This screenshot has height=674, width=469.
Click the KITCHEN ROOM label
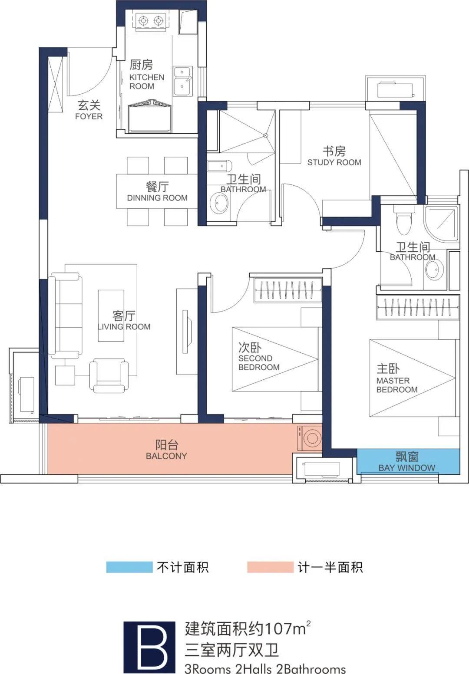tap(147, 82)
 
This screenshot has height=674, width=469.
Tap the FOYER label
tap(89, 116)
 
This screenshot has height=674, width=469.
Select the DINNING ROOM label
tap(157, 198)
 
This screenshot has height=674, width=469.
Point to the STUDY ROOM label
tap(334, 162)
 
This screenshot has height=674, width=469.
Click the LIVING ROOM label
tap(124, 327)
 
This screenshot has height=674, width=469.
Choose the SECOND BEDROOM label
tap(259, 362)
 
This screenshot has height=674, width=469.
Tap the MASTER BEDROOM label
tap(397, 385)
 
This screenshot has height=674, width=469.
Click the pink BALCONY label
tap(166, 456)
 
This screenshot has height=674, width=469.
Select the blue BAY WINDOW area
tap(408, 462)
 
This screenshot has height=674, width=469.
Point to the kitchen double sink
tap(182, 81)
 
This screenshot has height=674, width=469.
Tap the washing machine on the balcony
tap(310, 438)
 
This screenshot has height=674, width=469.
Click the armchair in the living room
tap(109, 375)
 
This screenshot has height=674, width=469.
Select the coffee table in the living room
tap(111, 316)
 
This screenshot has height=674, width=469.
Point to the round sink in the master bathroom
tap(434, 270)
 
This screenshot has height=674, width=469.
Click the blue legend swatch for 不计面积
tap(129, 567)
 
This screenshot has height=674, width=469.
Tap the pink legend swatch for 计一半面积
tap(270, 567)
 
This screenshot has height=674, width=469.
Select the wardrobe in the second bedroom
tap(288, 289)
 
